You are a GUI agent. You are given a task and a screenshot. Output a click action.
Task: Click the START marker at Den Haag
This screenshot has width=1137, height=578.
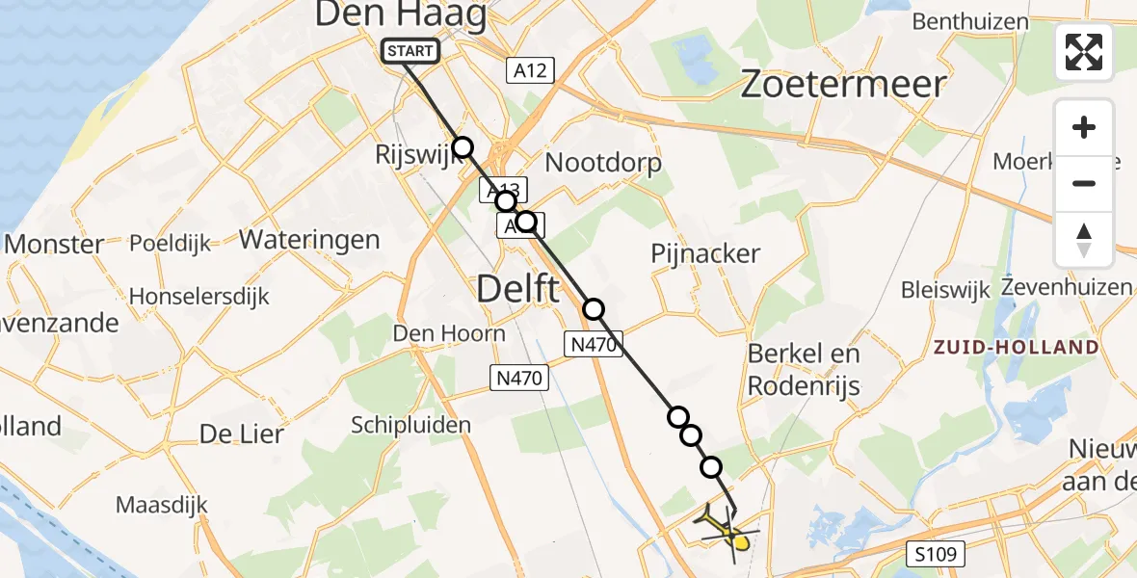point(411,51)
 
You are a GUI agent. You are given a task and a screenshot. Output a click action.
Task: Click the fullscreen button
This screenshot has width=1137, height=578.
point(1084,52)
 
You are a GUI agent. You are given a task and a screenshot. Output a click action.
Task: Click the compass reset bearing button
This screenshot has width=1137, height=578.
point(1084,240)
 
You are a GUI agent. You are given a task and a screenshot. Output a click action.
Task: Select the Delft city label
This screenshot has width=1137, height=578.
point(517,287)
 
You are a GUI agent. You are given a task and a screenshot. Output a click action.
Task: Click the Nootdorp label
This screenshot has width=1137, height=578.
point(603,163)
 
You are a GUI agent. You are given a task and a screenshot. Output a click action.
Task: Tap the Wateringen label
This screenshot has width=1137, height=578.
point(310,239)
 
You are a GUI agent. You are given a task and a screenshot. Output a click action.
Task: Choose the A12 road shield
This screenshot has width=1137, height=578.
point(530,69)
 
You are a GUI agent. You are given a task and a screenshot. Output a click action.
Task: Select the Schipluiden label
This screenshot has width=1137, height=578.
point(411,425)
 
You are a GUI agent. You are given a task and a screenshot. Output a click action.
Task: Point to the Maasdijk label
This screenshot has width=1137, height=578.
point(156,504)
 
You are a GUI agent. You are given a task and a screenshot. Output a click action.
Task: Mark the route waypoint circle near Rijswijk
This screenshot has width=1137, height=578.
point(463,147)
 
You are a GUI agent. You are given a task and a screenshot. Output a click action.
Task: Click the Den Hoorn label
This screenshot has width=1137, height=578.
point(448,333)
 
